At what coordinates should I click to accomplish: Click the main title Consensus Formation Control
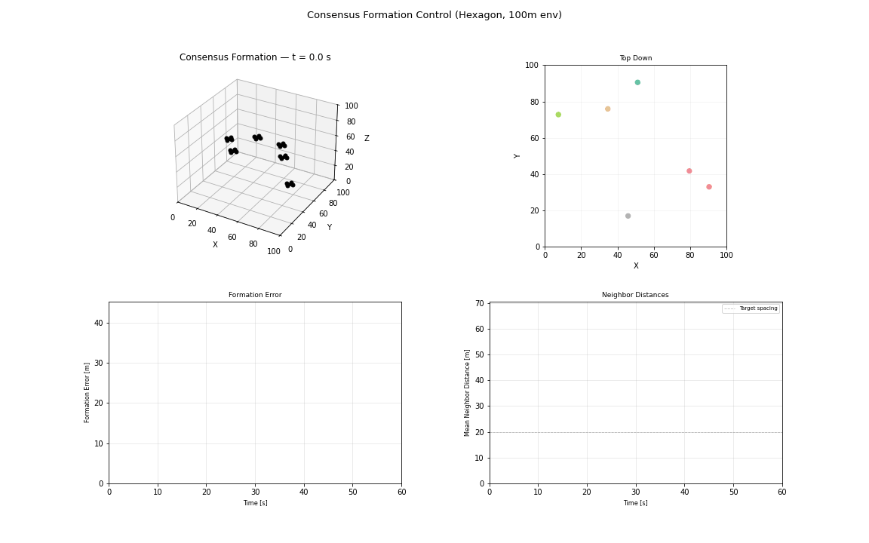pos(434,15)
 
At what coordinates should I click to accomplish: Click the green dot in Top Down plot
pos(637,82)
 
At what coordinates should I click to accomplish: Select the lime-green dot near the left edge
pos(558,115)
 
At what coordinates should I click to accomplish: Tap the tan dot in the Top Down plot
pos(607,109)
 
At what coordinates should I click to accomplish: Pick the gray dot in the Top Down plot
pos(628,216)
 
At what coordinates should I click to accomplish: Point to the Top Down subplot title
pos(635,58)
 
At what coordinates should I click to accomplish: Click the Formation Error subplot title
pos(255,295)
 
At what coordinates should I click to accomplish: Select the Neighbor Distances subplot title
pos(635,295)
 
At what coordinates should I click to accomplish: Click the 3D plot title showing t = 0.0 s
pos(255,57)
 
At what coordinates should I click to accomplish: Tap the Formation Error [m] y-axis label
pos(88,392)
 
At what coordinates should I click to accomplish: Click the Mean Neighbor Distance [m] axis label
pos(468,392)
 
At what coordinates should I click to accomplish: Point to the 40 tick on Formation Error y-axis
pos(98,323)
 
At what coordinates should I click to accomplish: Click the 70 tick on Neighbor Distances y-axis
pos(480,303)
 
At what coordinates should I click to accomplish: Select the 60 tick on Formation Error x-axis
pos(401,492)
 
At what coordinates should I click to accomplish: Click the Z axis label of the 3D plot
pos(367,139)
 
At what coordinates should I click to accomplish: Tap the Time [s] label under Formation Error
pos(255,503)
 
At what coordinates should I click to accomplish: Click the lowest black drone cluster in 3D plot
pos(290,184)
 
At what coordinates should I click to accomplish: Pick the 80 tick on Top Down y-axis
pos(533,102)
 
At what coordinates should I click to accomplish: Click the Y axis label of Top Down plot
pos(517,155)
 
